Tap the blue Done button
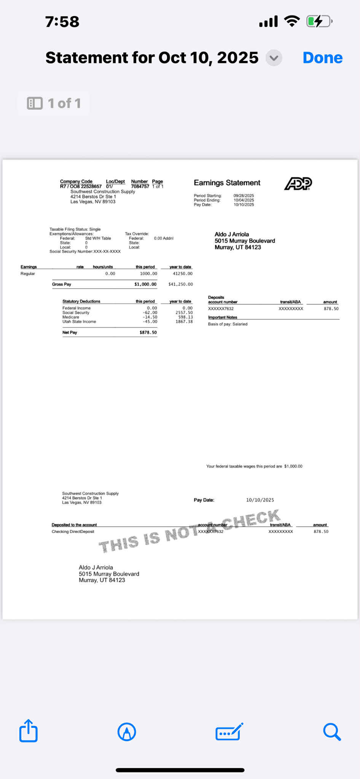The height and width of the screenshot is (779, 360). point(322,58)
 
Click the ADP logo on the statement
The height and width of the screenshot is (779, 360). point(298,184)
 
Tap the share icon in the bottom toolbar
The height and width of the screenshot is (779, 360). point(29,731)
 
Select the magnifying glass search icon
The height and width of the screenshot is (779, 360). point(331,731)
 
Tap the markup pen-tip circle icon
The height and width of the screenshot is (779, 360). point(127,731)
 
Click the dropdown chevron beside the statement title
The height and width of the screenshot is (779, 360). point(274,58)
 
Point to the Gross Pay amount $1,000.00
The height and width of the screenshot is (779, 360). point(145,284)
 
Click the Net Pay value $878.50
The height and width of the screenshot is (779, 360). point(148,332)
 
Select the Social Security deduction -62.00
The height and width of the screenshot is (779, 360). point(150,313)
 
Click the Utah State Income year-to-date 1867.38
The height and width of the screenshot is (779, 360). point(184,322)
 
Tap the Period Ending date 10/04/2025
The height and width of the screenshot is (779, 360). point(244,200)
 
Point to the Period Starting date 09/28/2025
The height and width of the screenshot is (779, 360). point(244,196)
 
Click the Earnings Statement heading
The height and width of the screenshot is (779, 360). point(227,183)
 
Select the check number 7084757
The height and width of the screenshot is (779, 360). point(140,187)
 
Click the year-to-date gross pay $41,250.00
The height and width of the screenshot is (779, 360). point(181,284)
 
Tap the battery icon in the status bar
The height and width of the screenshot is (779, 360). point(319,21)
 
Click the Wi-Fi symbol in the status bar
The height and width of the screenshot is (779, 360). point(292,21)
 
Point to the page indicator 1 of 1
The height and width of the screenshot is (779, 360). point(54,103)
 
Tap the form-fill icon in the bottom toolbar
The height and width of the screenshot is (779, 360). point(229,731)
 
